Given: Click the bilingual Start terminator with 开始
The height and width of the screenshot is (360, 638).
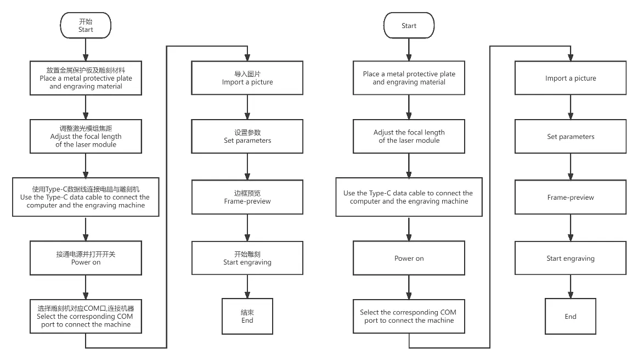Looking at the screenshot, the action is click(86, 25).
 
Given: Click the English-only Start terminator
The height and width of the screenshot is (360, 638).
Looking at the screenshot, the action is click(409, 25).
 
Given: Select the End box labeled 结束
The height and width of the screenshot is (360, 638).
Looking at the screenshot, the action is click(247, 317).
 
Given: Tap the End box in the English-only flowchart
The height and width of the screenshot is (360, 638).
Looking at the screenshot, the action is click(571, 317).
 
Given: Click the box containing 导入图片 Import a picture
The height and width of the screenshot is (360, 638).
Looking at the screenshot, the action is click(247, 78).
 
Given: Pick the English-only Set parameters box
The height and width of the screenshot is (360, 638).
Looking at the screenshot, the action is click(571, 137).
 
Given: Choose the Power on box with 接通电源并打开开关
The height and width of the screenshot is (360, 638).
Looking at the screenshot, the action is click(86, 258).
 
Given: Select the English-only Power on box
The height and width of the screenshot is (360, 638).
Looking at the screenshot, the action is click(409, 258).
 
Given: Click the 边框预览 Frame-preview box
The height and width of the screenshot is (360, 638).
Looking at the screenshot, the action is click(247, 197).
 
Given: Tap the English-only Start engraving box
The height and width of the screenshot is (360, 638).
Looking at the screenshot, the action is click(571, 258).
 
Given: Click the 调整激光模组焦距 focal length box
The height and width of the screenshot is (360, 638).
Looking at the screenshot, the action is click(86, 137).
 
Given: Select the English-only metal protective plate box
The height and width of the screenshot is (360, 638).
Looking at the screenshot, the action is click(409, 78).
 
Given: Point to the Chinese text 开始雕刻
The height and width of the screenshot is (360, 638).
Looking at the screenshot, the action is click(247, 254).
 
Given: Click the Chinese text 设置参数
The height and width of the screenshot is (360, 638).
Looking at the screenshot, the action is click(247, 132).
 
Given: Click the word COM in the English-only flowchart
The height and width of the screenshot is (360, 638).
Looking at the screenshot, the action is click(448, 312).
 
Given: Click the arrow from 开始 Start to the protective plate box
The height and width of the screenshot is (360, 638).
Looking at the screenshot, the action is click(86, 50).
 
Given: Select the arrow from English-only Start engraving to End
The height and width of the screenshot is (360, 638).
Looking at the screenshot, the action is click(571, 286).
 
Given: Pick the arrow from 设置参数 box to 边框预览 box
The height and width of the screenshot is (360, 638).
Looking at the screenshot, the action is click(247, 167).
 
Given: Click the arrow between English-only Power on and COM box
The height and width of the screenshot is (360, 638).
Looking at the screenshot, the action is click(409, 288).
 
